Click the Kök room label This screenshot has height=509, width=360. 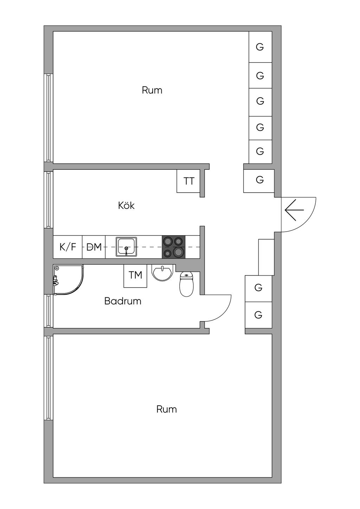[126, 205]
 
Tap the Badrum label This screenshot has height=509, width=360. [123, 301]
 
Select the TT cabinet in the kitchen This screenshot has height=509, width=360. [189, 181]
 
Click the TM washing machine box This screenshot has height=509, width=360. [135, 275]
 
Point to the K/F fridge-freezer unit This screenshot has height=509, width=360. [67, 247]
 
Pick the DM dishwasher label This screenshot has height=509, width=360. [94, 247]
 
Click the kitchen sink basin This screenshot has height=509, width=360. [127, 246]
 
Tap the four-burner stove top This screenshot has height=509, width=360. [173, 247]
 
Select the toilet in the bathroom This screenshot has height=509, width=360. [186, 284]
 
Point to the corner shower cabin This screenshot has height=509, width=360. [67, 279]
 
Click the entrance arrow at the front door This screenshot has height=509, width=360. [294, 210]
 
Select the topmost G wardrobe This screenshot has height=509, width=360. [260, 47]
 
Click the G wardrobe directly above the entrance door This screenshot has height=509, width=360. [259, 180]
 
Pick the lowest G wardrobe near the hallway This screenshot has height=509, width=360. [258, 315]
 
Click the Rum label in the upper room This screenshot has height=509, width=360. [152, 90]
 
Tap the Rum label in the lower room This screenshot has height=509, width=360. [166, 409]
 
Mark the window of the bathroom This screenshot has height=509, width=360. [48, 311]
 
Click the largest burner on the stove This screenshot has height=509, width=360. [179, 252]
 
